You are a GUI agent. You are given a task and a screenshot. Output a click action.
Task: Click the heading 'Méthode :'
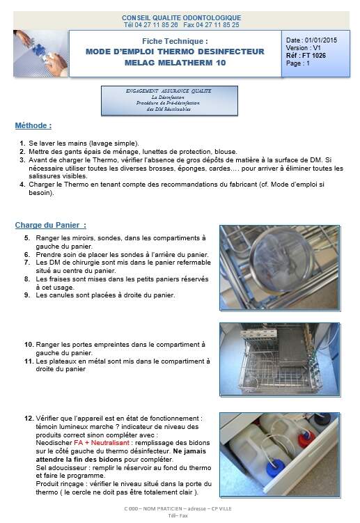[x=33, y=126]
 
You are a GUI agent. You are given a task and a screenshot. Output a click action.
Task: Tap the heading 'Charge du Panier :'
[x=51, y=225]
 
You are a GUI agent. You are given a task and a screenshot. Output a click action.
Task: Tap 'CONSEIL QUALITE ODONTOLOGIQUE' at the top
[x=181, y=17]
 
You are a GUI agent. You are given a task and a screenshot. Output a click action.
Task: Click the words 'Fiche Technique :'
[x=175, y=42]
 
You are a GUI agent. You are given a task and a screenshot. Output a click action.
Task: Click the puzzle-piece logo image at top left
[x=40, y=53]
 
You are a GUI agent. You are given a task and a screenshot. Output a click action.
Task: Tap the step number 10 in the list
[x=29, y=344]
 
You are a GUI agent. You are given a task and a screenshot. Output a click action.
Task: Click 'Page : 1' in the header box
[x=298, y=63]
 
